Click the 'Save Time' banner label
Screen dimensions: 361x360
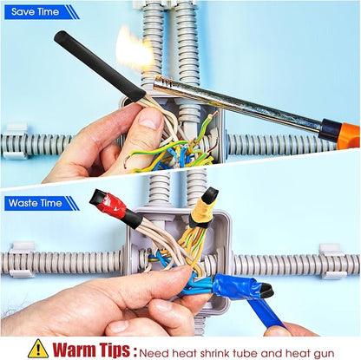click(x=35, y=12)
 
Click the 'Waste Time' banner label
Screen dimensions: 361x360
click(x=35, y=203)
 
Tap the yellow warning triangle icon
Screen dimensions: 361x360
click(x=38, y=349)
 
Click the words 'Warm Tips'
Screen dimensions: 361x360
click(x=91, y=350)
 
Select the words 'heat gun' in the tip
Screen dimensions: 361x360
click(x=310, y=353)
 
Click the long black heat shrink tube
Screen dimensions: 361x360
click(x=101, y=67)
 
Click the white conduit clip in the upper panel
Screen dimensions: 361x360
click(x=16, y=141)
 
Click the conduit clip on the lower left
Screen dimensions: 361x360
click(x=23, y=259)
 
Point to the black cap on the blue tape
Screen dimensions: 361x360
click(x=266, y=291)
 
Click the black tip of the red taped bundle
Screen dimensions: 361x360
click(x=96, y=196)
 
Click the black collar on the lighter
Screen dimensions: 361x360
click(x=329, y=129)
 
